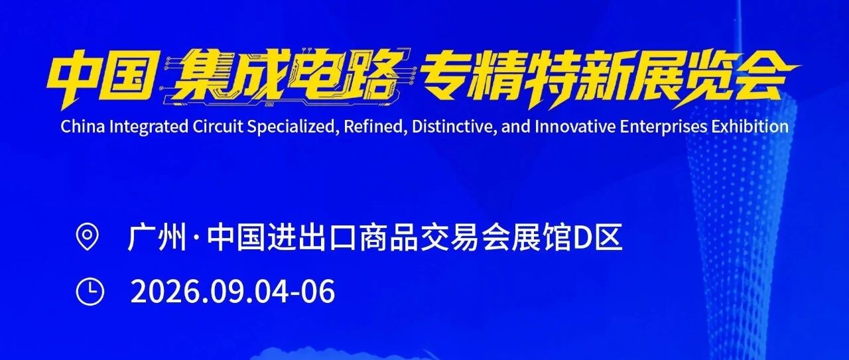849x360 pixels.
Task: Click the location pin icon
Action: point(87,237)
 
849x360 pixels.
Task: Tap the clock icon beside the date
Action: point(90,292)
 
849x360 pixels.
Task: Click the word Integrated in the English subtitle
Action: point(149,127)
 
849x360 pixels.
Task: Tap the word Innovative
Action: point(575,127)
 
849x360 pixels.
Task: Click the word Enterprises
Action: point(663,127)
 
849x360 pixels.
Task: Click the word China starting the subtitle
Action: point(83,127)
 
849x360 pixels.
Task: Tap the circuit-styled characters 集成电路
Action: point(286,78)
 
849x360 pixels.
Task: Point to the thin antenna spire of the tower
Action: point(739,42)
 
